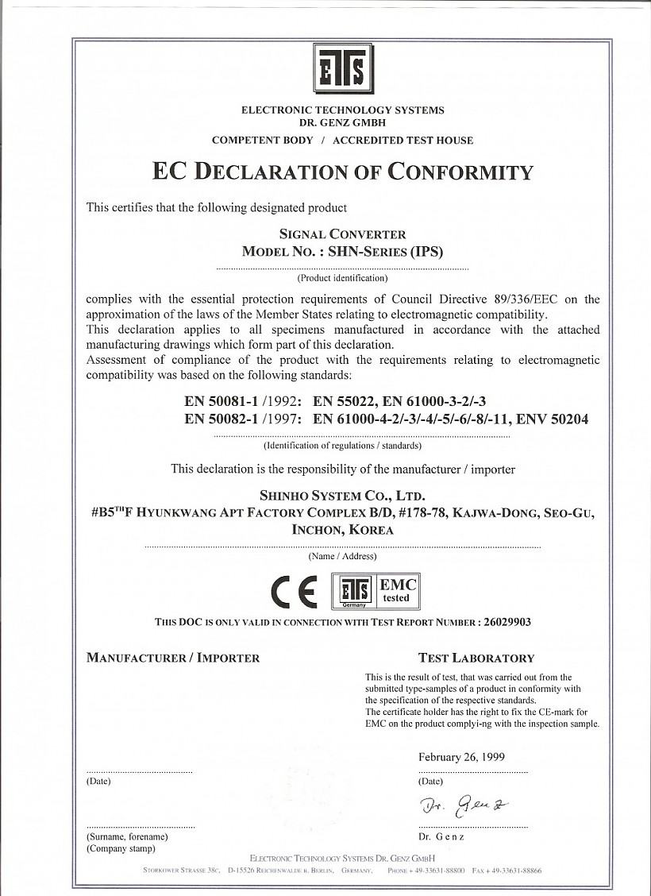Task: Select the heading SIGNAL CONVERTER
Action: [x=343, y=234]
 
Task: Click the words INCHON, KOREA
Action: [x=342, y=530]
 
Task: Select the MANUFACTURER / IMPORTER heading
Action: [x=173, y=658]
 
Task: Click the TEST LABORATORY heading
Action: [x=476, y=658]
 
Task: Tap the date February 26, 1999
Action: [x=461, y=757]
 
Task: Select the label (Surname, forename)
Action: [x=127, y=836]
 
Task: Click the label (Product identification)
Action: [x=342, y=279]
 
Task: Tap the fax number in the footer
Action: [x=507, y=871]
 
